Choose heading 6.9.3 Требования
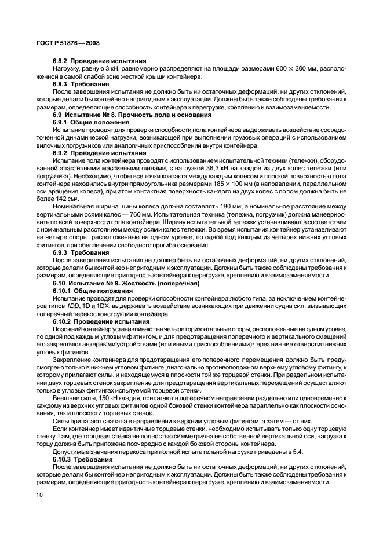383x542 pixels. click(x=80, y=252)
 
